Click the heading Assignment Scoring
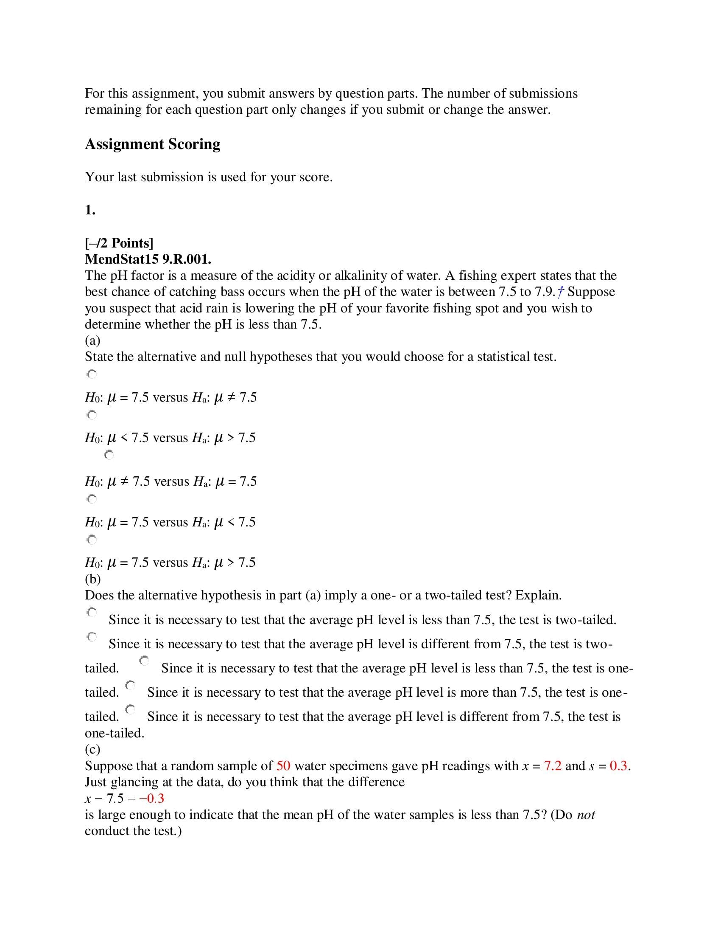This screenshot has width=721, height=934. (153, 144)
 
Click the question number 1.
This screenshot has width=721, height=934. (89, 210)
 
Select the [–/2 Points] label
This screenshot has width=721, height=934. (119, 243)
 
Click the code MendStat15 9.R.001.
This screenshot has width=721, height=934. (148, 259)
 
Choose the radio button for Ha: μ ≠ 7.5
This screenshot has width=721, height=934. (92, 374)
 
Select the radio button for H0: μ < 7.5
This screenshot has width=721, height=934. (92, 415)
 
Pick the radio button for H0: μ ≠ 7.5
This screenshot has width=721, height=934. (109, 455)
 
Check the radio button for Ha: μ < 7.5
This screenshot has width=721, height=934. (92, 499)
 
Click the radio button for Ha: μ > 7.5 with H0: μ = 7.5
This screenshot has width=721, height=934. (92, 540)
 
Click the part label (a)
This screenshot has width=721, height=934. (92, 340)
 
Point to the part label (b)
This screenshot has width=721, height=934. (92, 579)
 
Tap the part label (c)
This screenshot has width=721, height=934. (92, 749)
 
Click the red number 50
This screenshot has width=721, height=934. (283, 766)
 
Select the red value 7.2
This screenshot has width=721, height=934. (553, 766)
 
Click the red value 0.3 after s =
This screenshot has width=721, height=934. (618, 766)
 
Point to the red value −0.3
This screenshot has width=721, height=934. (152, 799)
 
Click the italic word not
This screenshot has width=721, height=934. (586, 815)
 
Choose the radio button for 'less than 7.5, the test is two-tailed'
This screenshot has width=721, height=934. (92, 613)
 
